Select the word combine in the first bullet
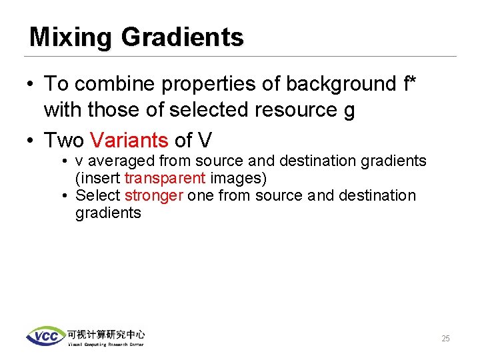point(110,84)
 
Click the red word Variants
point(129,141)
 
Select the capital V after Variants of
point(205,141)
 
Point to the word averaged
point(124,161)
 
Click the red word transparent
point(165,178)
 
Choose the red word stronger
point(153,195)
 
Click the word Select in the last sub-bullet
point(97,195)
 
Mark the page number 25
point(445,339)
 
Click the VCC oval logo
point(45,336)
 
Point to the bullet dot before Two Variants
point(29,141)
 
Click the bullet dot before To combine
point(29,85)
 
